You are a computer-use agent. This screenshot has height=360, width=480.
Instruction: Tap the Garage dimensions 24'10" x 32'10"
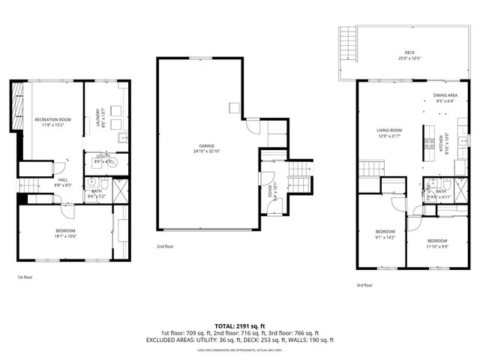(x=207, y=151)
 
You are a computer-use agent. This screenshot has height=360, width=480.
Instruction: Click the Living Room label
(x=389, y=130)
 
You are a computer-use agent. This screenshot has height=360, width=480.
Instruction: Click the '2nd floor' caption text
(x=166, y=246)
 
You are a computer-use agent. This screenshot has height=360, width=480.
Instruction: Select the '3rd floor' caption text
(x=364, y=284)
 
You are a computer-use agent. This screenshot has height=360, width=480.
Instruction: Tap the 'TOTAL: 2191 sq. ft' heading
(x=239, y=326)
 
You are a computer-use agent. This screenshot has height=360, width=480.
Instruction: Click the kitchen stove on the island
(x=427, y=142)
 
